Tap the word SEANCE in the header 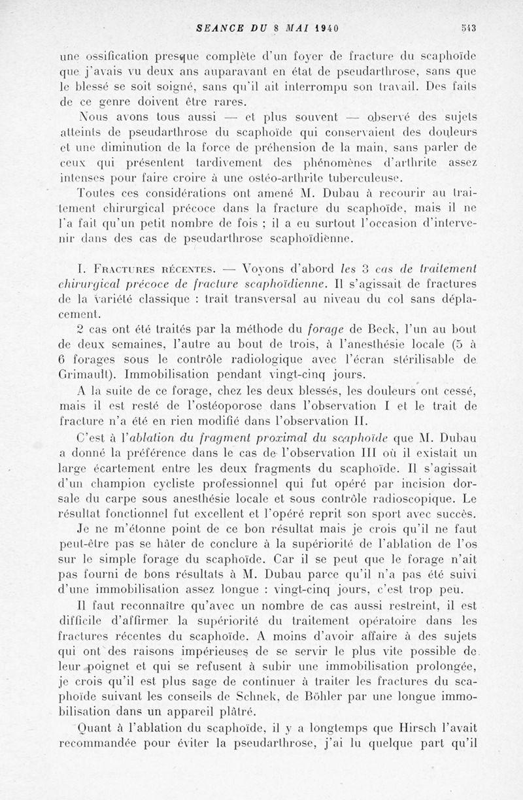218,28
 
